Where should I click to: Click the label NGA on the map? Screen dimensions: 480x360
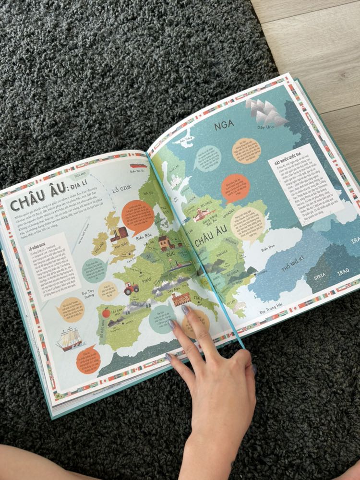click(x=224, y=125)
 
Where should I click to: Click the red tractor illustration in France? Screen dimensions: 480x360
click(x=131, y=288)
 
